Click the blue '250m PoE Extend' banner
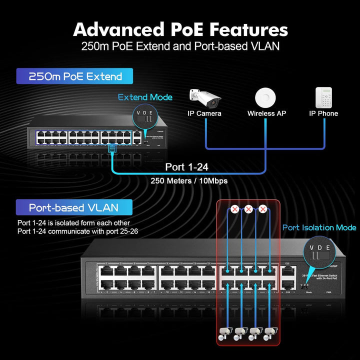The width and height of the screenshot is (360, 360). pyautogui.click(x=75, y=76)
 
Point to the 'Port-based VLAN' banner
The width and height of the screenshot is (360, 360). pyautogui.click(x=73, y=207)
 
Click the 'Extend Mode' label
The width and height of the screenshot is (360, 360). pyautogui.click(x=145, y=97)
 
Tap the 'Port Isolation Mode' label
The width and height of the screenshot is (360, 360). pyautogui.click(x=319, y=227)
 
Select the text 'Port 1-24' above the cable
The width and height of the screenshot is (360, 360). pyautogui.click(x=186, y=167)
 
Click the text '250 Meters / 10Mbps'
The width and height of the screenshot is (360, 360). pyautogui.click(x=189, y=180)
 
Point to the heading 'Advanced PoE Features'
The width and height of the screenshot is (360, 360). pyautogui.click(x=180, y=29)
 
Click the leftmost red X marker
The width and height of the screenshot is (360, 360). pyautogui.click(x=235, y=209)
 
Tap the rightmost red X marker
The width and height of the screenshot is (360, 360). pyautogui.click(x=262, y=209)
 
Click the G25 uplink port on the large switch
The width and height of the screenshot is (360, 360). pyautogui.click(x=287, y=272)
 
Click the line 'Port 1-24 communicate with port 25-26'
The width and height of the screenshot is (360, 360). pyautogui.click(x=77, y=231)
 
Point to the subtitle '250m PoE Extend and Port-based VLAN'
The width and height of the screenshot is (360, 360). pyautogui.click(x=180, y=47)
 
